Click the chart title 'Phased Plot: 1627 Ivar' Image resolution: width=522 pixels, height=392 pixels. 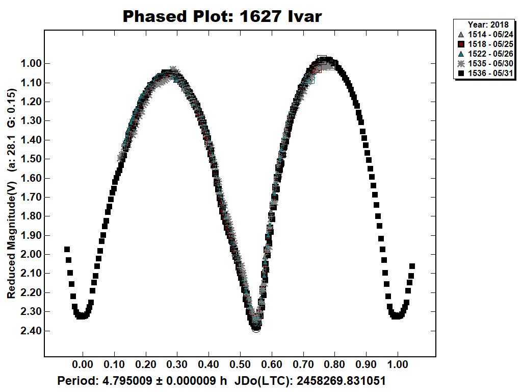222,16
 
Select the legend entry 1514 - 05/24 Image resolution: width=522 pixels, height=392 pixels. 485,35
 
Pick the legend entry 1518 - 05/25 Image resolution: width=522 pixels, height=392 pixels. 485,44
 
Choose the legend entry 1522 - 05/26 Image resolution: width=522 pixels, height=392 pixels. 485,54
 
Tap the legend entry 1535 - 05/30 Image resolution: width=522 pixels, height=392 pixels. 485,64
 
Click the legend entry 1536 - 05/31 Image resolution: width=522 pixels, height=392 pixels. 485,73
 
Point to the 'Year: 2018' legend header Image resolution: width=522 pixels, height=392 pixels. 485,24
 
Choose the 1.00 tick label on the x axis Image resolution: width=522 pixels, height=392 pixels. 398,365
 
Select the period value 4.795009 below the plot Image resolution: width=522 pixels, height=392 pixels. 121,381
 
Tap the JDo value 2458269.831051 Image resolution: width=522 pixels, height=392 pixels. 336,381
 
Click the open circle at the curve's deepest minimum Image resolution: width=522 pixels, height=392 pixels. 256,328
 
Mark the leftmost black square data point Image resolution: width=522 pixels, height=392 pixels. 67,249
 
